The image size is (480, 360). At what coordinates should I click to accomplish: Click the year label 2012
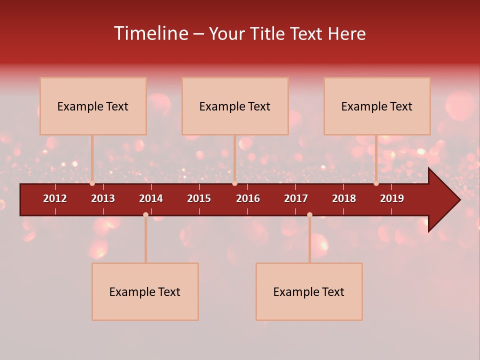click(x=55, y=198)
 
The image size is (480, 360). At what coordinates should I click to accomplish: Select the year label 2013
click(x=103, y=198)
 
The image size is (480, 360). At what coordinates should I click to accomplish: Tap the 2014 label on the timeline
click(x=151, y=198)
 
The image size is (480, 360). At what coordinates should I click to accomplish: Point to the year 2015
click(x=199, y=198)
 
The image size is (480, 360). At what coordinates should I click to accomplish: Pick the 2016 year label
click(x=248, y=198)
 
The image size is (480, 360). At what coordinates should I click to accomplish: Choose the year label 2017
click(x=296, y=198)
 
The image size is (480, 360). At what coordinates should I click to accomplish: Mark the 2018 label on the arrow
click(x=344, y=198)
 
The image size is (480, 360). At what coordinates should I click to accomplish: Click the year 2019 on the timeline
click(x=392, y=198)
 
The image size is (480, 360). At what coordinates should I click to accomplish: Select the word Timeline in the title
click(x=150, y=33)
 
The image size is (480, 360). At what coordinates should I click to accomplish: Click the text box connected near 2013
click(x=93, y=106)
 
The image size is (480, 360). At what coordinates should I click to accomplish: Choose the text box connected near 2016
click(x=235, y=106)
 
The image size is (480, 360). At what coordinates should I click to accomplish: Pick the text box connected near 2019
click(x=377, y=106)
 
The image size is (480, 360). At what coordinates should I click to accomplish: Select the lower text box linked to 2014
click(x=145, y=291)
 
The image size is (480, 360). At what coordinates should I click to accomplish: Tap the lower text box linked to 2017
click(x=309, y=291)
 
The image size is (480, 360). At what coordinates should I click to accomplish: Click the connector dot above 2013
click(x=92, y=183)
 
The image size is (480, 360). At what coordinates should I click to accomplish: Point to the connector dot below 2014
click(x=145, y=214)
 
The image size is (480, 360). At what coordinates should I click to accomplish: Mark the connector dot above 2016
click(x=234, y=183)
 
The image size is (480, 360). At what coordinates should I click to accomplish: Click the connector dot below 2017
click(x=309, y=214)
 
